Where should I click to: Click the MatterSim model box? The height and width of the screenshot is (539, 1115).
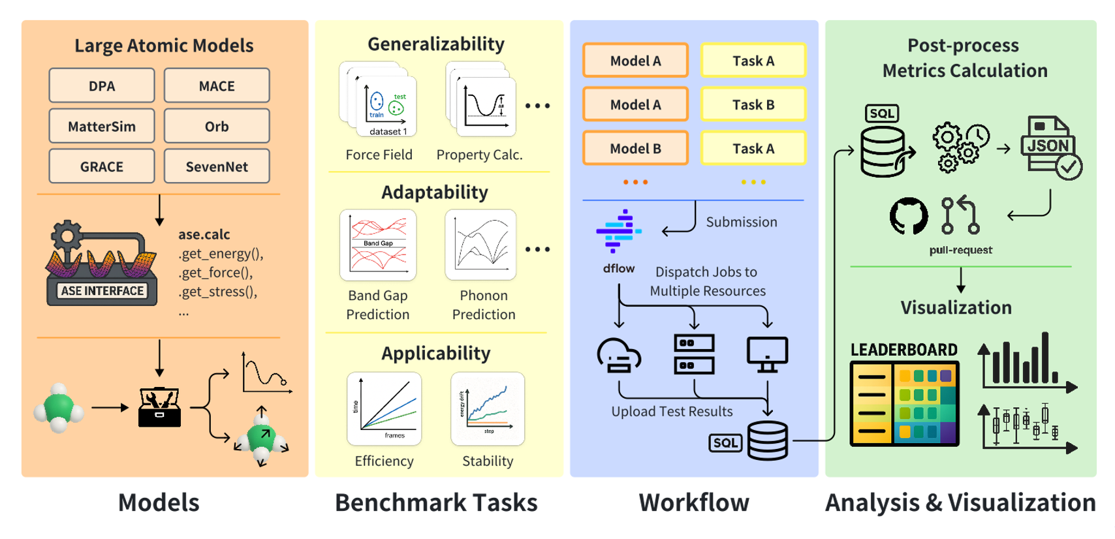tap(102, 126)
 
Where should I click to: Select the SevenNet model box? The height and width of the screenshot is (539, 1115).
tap(217, 166)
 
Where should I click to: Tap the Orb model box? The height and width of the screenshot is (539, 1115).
tap(217, 126)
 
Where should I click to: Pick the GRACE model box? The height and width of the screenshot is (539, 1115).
tap(102, 166)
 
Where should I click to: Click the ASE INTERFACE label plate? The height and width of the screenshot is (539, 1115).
tap(102, 291)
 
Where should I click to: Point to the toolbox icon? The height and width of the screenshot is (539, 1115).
tap(159, 408)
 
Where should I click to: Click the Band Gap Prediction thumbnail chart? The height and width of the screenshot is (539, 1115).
tap(378, 245)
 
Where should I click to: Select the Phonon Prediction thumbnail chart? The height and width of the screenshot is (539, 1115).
tap(480, 245)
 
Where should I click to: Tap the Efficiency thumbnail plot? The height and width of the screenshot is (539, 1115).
tap(385, 408)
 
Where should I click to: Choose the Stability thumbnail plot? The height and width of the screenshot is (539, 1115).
tap(488, 408)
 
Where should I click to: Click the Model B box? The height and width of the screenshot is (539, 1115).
tap(635, 148)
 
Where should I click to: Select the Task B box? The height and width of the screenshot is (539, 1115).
tap(753, 104)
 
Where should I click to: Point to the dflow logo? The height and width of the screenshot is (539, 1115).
tap(618, 231)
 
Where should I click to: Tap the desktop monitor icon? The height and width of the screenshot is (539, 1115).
tap(767, 354)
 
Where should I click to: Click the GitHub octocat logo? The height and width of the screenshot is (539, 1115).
tap(909, 216)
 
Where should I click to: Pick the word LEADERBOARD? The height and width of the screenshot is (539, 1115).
tap(904, 350)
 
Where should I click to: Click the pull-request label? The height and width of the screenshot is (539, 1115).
tap(960, 250)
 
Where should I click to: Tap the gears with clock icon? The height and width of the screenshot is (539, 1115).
tap(960, 147)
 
